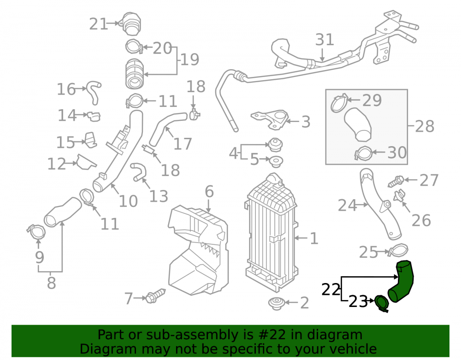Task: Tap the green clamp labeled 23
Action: coord(382,304)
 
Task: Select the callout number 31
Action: coord(325,39)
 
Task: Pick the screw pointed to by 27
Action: coord(396,181)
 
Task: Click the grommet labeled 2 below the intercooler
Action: coord(277,303)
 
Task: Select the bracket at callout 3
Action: coord(270,119)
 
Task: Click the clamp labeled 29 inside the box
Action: coord(339,103)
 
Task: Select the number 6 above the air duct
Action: coord(209,192)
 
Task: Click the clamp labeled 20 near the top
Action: coord(134,46)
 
